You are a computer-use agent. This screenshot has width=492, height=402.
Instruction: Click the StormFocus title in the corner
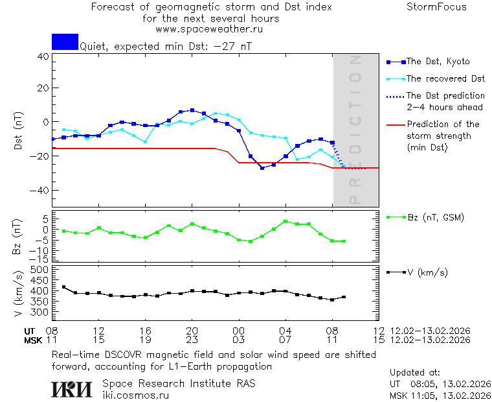pyautogui.click(x=436, y=7)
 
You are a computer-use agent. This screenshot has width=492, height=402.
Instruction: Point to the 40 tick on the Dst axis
pyautogui.click(x=43, y=56)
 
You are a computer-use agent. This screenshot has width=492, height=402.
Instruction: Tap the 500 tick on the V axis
pyautogui.click(x=40, y=270)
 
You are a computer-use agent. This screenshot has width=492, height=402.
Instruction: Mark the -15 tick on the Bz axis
pyautogui.click(x=40, y=259)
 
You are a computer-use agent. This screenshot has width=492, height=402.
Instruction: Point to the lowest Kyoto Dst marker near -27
pyautogui.click(x=262, y=168)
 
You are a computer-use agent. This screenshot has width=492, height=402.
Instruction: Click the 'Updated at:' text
pyautogui.click(x=415, y=373)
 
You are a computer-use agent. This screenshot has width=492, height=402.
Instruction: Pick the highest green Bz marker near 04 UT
pyautogui.click(x=285, y=222)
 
